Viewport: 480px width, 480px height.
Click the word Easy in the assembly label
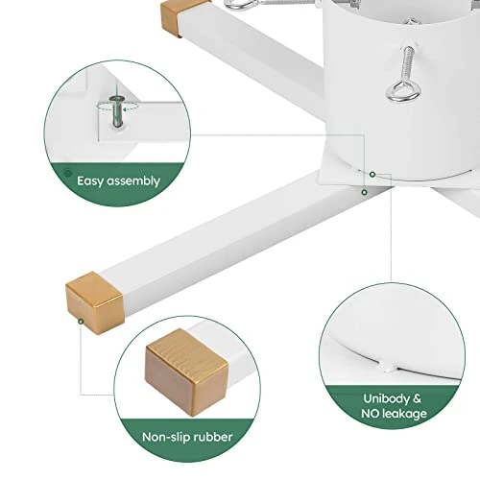(90, 181)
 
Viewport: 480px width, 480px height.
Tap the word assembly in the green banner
(133, 181)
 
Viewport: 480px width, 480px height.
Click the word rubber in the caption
(212, 437)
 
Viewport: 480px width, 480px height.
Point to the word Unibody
(387, 398)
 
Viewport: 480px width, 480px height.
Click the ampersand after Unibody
(418, 398)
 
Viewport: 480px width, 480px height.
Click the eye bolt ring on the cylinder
(403, 92)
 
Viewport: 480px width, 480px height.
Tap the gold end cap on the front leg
(95, 302)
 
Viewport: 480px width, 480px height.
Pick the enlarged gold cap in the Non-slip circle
(186, 372)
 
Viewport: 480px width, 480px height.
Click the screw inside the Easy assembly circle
(117, 111)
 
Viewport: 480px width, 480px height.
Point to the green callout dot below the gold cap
(82, 322)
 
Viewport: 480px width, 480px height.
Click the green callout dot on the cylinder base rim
(372, 175)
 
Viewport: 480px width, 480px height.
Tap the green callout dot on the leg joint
(365, 192)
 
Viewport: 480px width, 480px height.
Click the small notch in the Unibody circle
(388, 368)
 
